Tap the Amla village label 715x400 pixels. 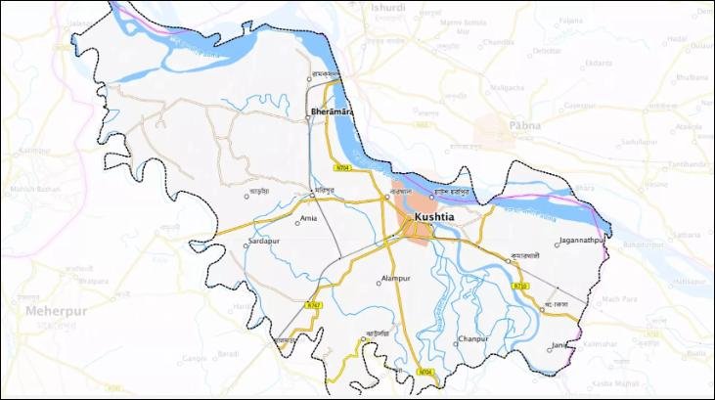click(308, 218)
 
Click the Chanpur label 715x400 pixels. click(472, 338)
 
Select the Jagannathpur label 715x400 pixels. click(585, 239)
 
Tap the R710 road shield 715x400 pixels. click(520, 286)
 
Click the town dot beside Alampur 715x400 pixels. click(379, 283)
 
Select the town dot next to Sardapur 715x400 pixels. click(246, 246)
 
